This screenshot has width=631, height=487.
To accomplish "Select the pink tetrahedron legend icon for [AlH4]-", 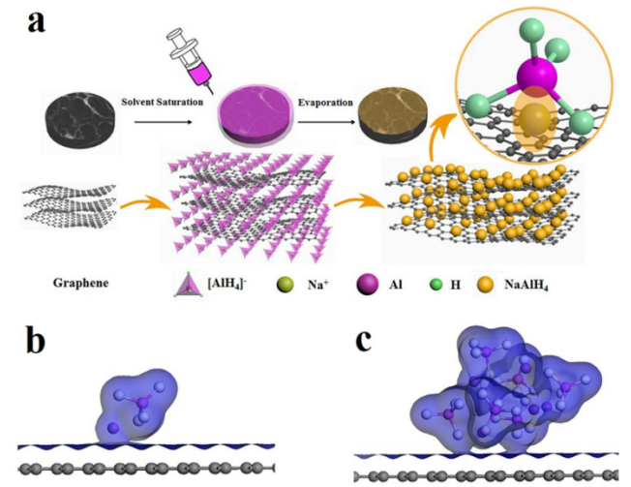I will pyautogui.click(x=183, y=284).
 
